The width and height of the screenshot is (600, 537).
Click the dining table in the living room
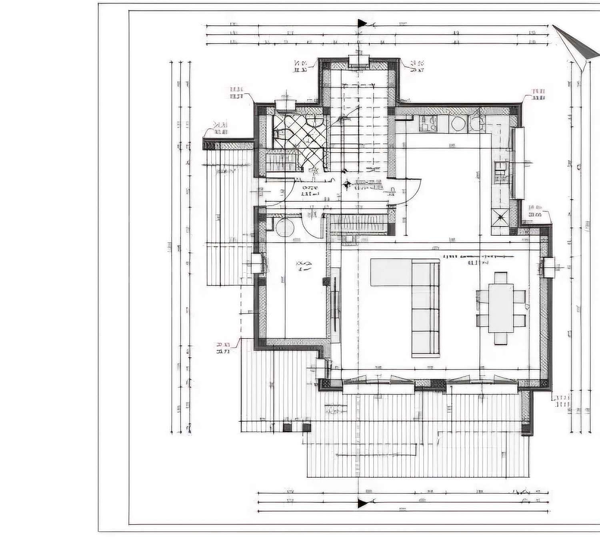tap(501, 308)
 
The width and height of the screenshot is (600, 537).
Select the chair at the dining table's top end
tap(501, 277)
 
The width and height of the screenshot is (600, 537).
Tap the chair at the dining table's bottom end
tap(501, 339)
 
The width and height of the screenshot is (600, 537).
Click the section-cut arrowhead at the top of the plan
tap(362, 23)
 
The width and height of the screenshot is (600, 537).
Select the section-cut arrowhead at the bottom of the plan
tap(362, 503)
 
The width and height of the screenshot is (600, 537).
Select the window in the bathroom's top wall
tap(286, 104)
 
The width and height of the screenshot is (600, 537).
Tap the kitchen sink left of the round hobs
tap(428, 123)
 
